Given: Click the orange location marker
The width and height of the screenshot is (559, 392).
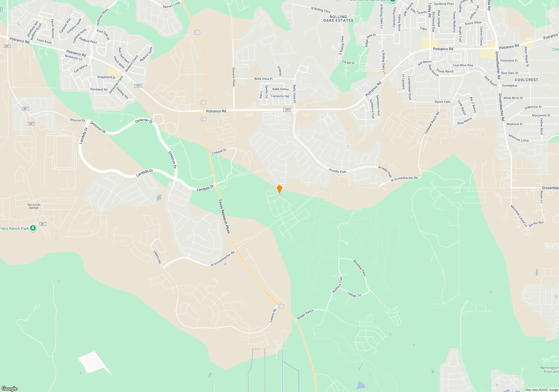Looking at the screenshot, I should point(279,189).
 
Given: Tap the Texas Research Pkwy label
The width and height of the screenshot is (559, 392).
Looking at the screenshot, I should point(224,216).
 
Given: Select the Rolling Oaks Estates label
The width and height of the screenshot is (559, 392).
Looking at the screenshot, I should point(338,19).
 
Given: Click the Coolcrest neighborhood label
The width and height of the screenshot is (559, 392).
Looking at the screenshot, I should point(526,80).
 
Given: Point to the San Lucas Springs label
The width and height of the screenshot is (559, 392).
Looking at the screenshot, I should point(34,206).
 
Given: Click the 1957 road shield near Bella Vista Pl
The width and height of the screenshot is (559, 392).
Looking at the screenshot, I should point(287,110).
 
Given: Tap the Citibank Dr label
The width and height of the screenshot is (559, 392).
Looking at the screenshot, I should point(219,152).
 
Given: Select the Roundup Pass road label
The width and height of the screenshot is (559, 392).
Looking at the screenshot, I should point(359,268).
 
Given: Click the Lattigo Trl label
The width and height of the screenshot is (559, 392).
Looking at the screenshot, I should point(354,294).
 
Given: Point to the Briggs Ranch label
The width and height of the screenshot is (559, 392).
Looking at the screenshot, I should point(305,314).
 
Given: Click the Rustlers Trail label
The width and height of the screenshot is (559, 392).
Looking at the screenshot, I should point(337,285).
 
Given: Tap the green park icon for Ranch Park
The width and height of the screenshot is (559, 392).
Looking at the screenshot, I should point(33,228).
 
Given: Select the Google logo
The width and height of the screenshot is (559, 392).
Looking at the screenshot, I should point(10,388).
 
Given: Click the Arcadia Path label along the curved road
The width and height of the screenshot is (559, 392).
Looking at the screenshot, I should point(337,171).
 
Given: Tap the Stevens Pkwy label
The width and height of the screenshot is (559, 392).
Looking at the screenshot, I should point(234,77).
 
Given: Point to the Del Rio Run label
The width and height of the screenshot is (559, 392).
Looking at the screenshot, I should point(536,224).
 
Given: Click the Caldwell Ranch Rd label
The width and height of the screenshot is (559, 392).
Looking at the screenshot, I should point(432,123).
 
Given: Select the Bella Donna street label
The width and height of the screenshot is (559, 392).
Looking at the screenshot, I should point(280,89).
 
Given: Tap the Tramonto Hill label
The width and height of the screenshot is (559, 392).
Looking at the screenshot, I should point(279,96).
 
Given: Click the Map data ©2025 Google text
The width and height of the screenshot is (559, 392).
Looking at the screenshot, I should point(541,390).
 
